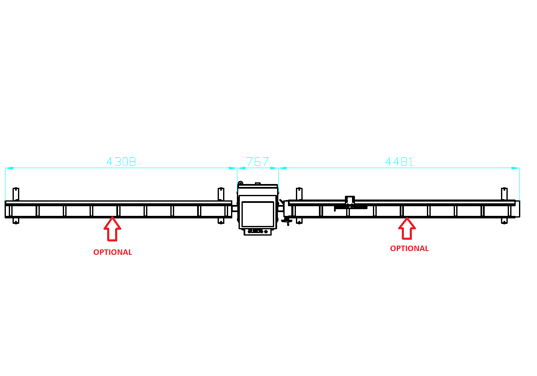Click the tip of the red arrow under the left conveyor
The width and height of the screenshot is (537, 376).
(113, 217)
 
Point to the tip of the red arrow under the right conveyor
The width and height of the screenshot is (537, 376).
(407, 218)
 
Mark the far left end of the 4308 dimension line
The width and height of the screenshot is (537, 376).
(5, 168)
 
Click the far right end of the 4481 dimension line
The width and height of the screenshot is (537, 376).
(519, 168)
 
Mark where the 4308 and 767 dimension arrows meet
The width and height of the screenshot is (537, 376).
(237, 168)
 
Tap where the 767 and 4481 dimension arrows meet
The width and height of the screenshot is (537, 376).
(279, 168)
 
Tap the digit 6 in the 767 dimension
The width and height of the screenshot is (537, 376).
(258, 161)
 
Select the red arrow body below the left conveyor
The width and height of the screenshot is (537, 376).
(113, 229)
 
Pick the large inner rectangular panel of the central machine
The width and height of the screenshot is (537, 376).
(258, 214)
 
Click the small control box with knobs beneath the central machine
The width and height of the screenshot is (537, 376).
(258, 232)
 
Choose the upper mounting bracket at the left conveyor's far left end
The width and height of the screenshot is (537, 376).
(16, 194)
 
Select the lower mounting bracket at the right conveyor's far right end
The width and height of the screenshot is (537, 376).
(504, 221)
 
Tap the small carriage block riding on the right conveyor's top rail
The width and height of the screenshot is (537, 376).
(350, 202)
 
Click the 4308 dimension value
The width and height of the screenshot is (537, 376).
(121, 161)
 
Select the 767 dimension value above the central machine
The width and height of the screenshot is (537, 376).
(258, 161)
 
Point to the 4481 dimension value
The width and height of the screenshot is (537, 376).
(399, 161)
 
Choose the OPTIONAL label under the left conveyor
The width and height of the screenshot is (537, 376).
(113, 252)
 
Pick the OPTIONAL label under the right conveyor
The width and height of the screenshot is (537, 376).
(409, 249)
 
